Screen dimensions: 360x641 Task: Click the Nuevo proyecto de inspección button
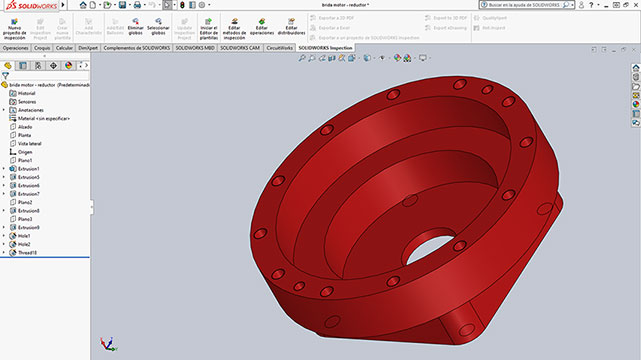coord(14,28)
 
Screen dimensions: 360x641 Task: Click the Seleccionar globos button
coord(158,28)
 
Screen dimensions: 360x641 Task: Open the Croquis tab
coord(42,47)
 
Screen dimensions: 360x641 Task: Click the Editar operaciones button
coord(262,28)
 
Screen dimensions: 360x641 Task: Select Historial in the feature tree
coord(27,93)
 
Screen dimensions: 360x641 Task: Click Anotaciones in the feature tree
coord(30,110)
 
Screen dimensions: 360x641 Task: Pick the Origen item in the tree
coord(26,152)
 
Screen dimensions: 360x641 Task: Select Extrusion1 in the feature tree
coord(29,169)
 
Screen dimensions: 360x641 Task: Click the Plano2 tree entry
coord(26,202)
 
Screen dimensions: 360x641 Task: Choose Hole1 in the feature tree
coord(24,236)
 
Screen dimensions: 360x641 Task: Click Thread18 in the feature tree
coord(27,253)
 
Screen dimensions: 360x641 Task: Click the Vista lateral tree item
coord(31,143)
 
